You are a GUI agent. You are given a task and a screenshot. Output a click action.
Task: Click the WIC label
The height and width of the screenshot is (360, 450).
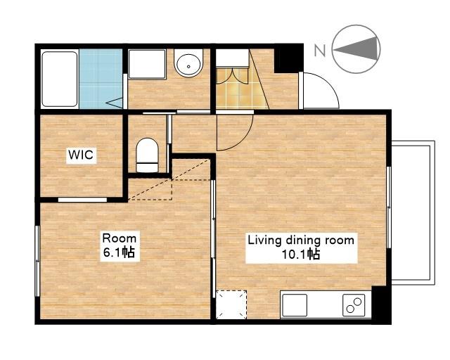click(x=82, y=155)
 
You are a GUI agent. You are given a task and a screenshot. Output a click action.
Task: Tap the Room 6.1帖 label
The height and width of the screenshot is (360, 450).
click(x=120, y=245)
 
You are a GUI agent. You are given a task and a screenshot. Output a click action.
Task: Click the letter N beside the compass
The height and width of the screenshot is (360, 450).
click(x=320, y=51)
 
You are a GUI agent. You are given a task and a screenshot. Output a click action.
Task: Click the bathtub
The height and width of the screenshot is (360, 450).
click(x=60, y=79)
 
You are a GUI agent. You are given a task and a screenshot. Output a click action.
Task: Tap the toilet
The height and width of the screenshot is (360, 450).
click(x=148, y=155)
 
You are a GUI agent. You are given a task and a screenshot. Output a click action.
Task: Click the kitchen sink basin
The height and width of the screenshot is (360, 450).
click(x=294, y=305)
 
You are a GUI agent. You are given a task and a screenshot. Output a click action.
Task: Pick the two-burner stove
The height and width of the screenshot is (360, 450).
click(x=354, y=305)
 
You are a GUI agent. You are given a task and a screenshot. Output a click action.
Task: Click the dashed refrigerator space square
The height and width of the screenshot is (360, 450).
click(x=231, y=304)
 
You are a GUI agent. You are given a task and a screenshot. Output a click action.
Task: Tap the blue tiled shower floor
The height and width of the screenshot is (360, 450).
click(x=101, y=79)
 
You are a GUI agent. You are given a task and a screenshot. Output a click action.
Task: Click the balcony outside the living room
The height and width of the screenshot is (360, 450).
click(x=413, y=212)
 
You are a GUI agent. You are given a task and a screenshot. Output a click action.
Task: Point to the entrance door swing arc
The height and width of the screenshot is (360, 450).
click(x=330, y=83)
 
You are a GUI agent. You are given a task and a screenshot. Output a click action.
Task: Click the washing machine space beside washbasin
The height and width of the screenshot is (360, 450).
click(x=147, y=64)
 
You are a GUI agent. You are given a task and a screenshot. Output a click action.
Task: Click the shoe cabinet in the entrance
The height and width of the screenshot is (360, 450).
click(x=232, y=58)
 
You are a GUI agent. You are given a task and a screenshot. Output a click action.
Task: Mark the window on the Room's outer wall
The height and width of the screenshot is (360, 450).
click(x=37, y=261)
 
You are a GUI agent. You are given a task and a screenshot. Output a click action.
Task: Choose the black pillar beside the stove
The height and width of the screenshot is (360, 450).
click(x=381, y=305)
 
